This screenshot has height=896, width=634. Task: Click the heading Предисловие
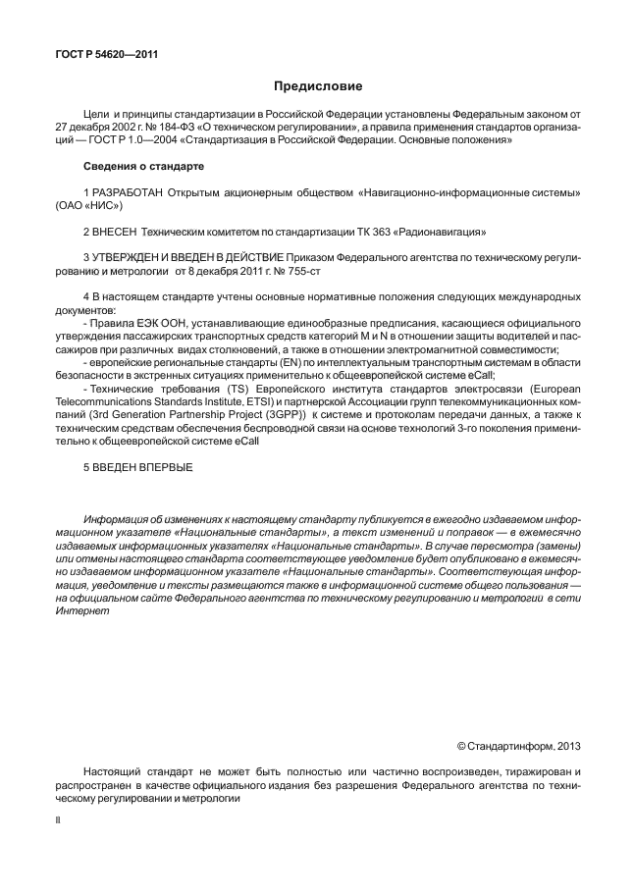[317, 87]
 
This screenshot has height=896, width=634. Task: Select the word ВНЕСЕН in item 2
[115, 232]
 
